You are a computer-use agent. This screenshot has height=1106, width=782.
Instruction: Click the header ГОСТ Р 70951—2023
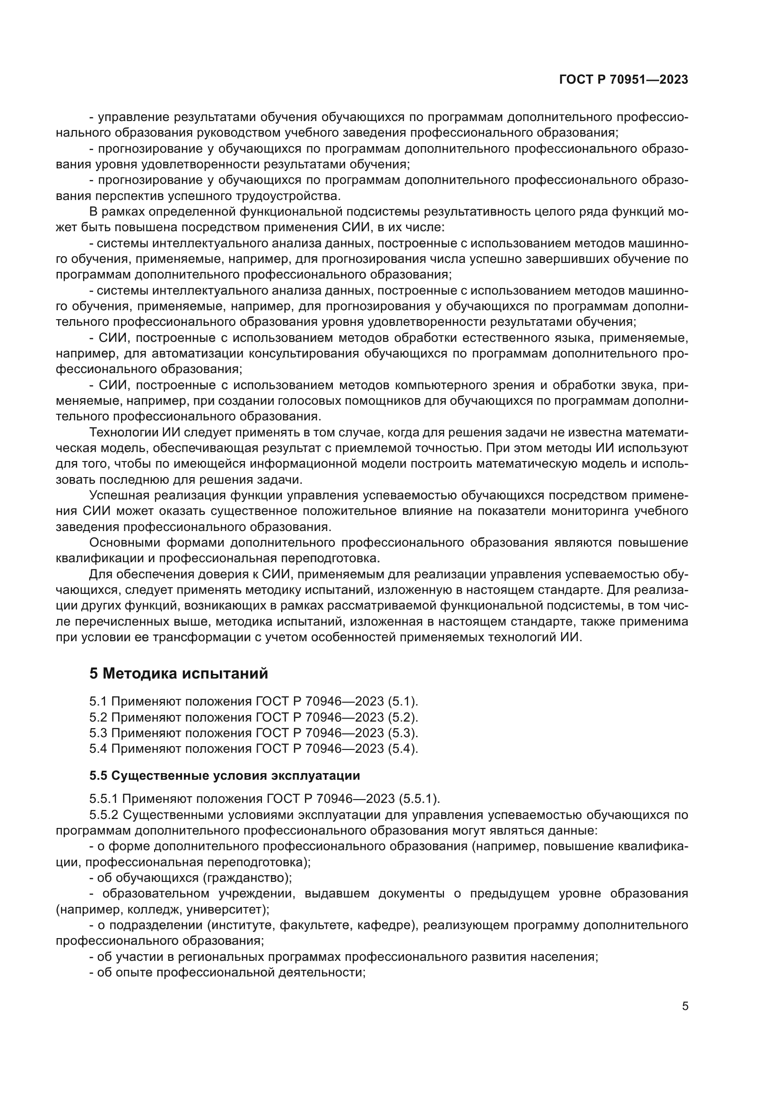pos(624,79)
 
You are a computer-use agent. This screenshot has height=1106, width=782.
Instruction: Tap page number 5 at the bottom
pos(685,1006)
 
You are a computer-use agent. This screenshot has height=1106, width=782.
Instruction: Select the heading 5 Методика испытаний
pos(179,673)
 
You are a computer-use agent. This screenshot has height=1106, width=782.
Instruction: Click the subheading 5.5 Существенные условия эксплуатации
pos(225,775)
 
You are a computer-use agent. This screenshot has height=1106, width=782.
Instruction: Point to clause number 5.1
pos(98,701)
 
